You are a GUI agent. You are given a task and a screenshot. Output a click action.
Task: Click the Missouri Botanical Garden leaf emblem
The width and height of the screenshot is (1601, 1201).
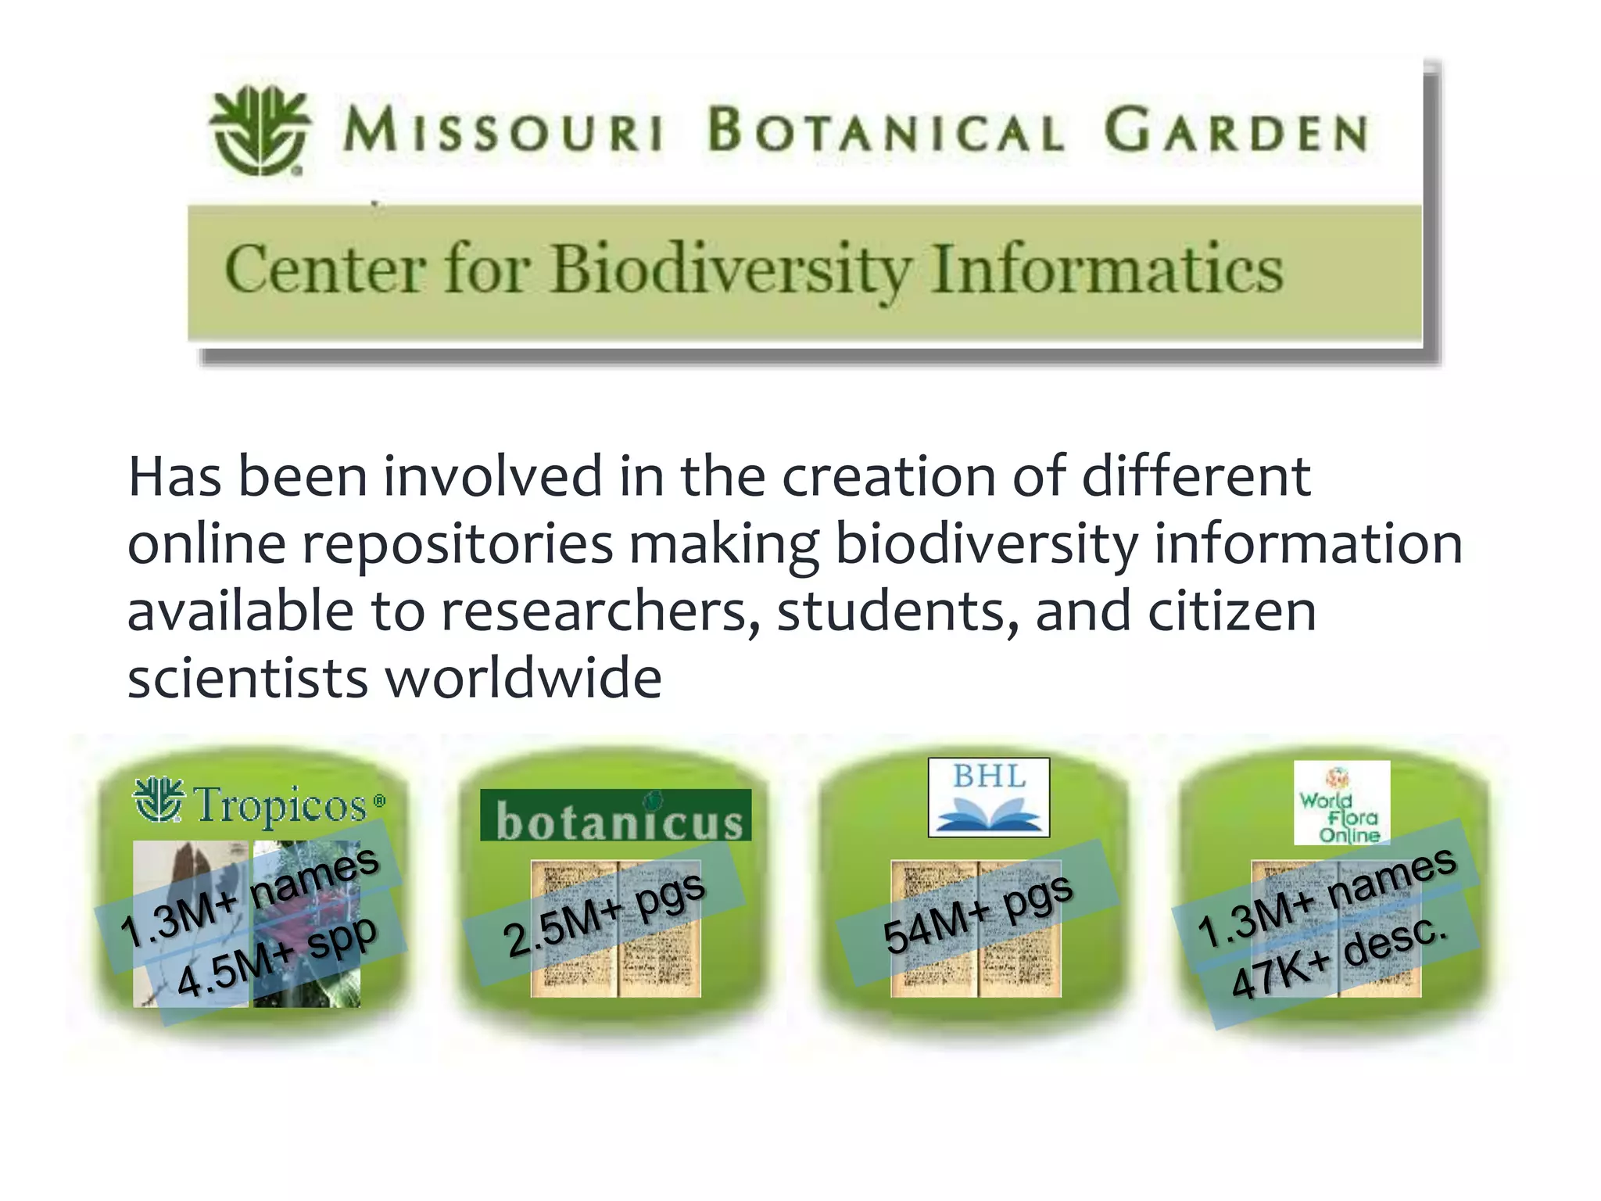tap(259, 130)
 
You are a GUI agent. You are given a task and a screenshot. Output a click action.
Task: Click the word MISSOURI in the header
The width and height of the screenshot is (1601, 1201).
tap(503, 130)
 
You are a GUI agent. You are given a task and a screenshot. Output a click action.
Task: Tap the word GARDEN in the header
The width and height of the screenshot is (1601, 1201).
tap(1236, 131)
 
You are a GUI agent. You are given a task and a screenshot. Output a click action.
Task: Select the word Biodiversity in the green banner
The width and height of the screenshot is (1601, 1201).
tap(731, 270)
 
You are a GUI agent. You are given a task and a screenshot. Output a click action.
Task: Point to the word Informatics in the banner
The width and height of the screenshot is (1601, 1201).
tap(1108, 270)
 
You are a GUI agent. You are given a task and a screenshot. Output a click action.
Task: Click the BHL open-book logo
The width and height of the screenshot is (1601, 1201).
tap(989, 798)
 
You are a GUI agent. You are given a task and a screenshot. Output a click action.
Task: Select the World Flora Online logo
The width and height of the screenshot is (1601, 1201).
tap(1341, 803)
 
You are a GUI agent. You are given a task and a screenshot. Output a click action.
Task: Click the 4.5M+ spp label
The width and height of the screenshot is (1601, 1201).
tap(278, 956)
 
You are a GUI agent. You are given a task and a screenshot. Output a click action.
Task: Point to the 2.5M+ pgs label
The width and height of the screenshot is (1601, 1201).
tap(604, 913)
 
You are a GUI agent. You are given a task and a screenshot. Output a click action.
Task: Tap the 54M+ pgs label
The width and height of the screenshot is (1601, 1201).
tap(977, 912)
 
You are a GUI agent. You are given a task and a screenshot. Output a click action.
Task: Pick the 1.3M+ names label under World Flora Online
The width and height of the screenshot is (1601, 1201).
tap(1326, 896)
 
